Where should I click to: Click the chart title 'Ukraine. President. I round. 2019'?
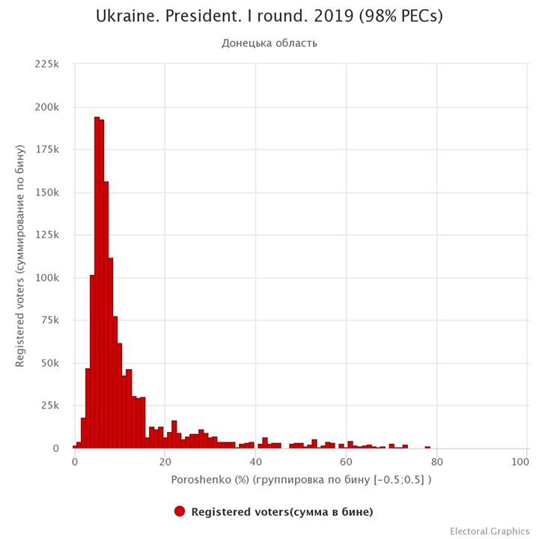[x=269, y=16]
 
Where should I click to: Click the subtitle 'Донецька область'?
[x=269, y=43]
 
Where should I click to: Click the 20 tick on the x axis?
[x=165, y=463]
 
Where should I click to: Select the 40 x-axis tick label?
[x=255, y=463]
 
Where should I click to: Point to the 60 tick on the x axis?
[x=346, y=463]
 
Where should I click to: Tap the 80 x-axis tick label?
[x=436, y=463]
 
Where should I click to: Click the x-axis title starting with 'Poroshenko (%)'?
[x=301, y=479]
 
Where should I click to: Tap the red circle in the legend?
[x=180, y=512]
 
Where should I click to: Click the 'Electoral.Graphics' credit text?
[x=490, y=531]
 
